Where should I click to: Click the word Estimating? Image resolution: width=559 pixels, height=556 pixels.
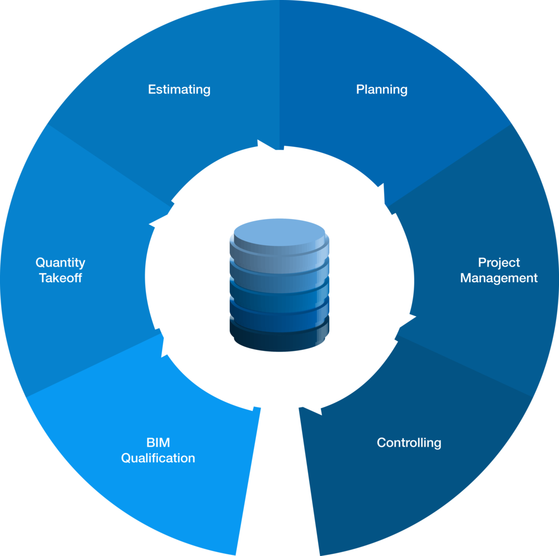pos(179,89)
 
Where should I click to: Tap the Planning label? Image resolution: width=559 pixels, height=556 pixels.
pos(382,89)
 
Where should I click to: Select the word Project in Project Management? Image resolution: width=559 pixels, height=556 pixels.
pos(499,263)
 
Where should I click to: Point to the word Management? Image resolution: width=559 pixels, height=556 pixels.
pos(499,278)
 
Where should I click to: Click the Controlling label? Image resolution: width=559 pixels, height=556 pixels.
pos(409,443)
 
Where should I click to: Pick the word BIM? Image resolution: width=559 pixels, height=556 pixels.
pos(158,443)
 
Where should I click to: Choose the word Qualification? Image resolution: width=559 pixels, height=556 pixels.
pos(158,458)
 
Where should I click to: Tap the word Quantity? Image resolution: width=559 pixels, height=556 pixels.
pos(60,263)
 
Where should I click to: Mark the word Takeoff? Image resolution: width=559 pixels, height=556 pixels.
pos(60,278)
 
